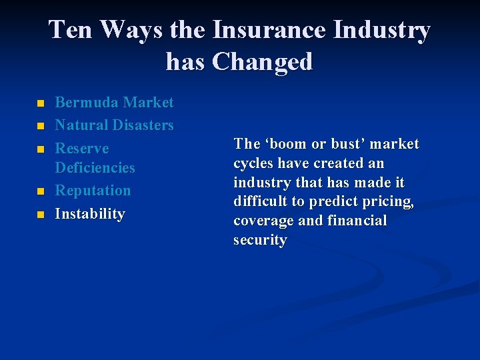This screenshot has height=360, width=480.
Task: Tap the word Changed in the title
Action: pyautogui.click(x=262, y=62)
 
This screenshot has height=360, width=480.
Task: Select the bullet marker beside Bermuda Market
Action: pyautogui.click(x=39, y=104)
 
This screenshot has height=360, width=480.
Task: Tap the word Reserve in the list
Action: pyautogui.click(x=81, y=148)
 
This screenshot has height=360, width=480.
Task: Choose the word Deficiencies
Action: pyautogui.click(x=95, y=167)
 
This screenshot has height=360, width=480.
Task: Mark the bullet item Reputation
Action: pyautogui.click(x=93, y=191)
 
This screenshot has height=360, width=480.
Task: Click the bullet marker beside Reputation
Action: pyautogui.click(x=39, y=192)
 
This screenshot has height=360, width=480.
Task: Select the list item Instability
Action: pyautogui.click(x=90, y=214)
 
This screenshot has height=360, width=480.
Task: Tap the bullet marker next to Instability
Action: pyautogui.click(x=39, y=215)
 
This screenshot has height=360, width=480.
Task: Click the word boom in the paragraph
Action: pyautogui.click(x=289, y=144)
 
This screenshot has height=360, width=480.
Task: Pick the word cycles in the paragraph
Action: pyautogui.click(x=251, y=163)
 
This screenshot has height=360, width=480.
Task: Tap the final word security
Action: pyautogui.click(x=259, y=241)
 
